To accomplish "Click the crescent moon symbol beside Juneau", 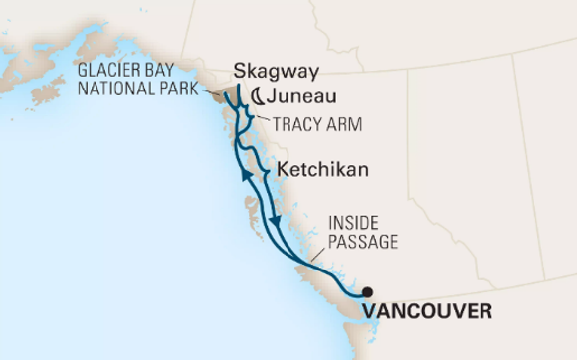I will point(257,96).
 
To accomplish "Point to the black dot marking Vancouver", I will point(367,292).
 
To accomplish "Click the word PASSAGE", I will point(363,241).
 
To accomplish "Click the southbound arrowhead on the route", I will point(273,219).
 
